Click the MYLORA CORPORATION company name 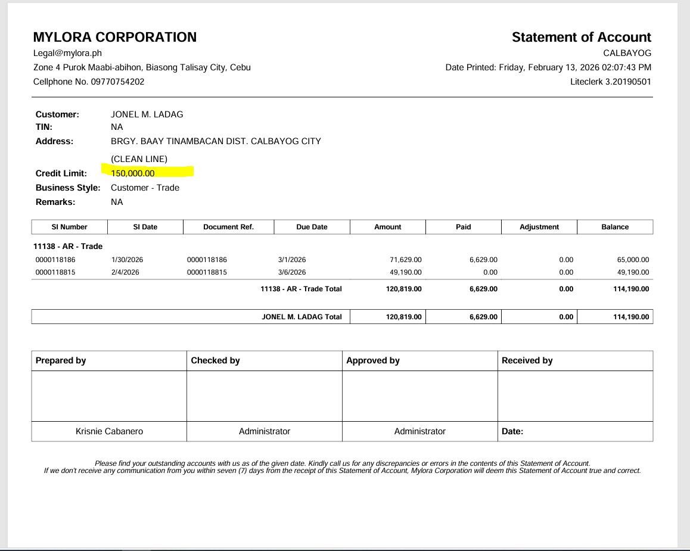[x=115, y=37]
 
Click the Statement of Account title [x=581, y=37]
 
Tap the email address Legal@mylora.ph [x=67, y=53]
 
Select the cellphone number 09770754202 [x=117, y=82]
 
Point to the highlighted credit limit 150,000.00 [x=133, y=173]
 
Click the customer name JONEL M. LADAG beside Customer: [x=147, y=114]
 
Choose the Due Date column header [x=312, y=227]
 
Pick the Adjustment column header [x=539, y=227]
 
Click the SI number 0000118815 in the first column [x=55, y=272]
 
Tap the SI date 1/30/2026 [x=127, y=260]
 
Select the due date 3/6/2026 [x=292, y=272]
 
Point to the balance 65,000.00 [x=633, y=260]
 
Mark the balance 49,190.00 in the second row [x=633, y=272]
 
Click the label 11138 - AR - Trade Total [x=301, y=289]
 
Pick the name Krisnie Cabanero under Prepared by [x=109, y=431]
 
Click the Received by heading [x=527, y=360]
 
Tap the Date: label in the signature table [x=512, y=431]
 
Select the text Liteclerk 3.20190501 [x=610, y=82]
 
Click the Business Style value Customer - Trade [x=145, y=188]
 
